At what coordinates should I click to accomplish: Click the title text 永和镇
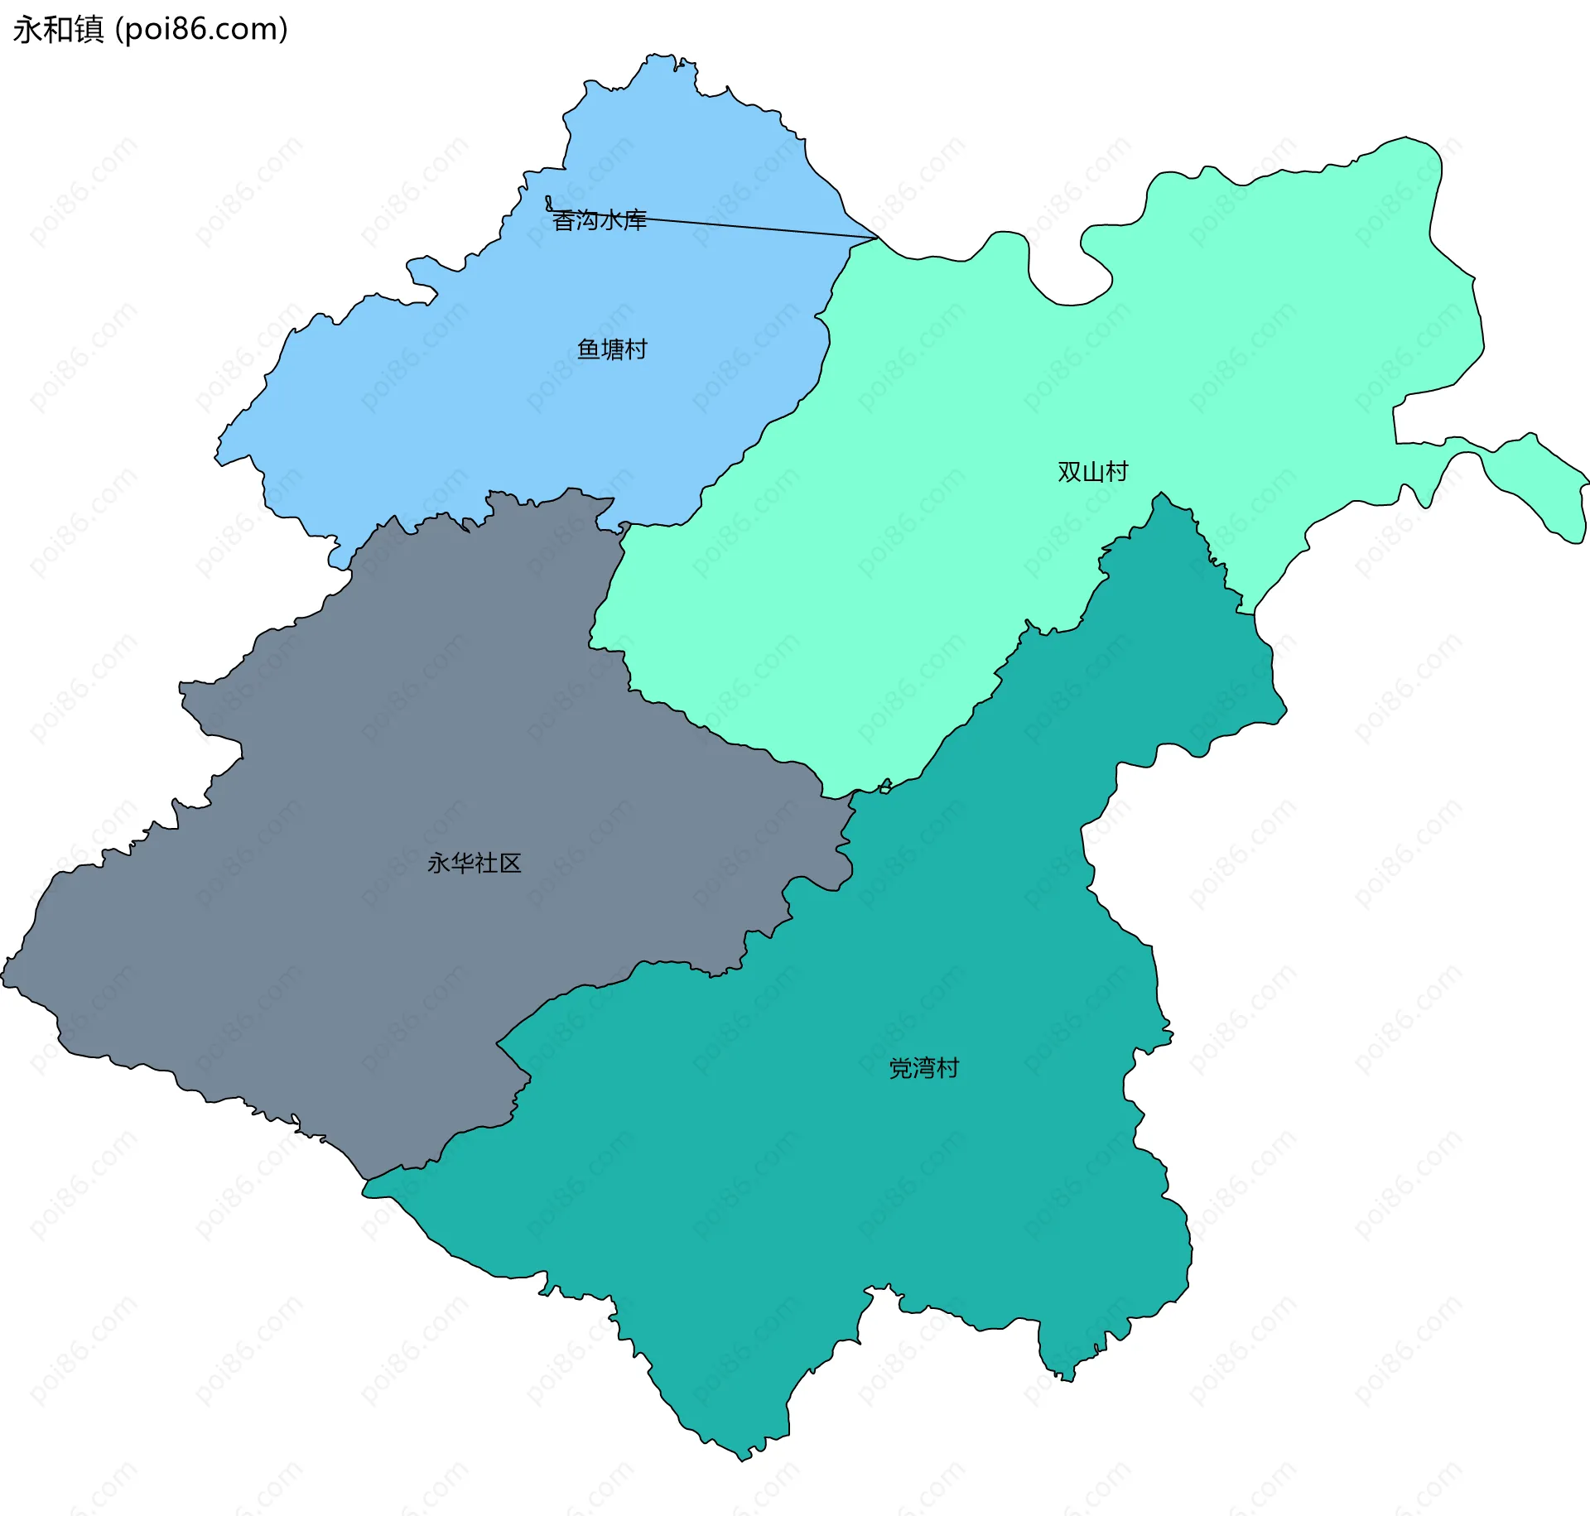(58, 30)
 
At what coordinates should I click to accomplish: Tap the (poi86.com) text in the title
(201, 30)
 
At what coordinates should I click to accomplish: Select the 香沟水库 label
(599, 220)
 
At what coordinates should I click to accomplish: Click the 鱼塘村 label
(612, 349)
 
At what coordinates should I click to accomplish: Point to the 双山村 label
(1092, 472)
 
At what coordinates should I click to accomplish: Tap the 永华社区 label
(474, 864)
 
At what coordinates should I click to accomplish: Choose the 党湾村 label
(923, 1068)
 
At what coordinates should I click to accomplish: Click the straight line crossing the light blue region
(745, 226)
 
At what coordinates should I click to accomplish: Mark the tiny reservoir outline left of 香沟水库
(548, 203)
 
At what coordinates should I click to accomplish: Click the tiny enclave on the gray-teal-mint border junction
(885, 786)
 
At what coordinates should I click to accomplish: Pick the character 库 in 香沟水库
(635, 220)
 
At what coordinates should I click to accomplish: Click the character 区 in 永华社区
(510, 864)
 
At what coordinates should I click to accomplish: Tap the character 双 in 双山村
(1069, 472)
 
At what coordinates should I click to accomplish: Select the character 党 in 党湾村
(900, 1068)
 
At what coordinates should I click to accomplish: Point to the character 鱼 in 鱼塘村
(588, 349)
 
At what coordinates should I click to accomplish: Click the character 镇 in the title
(89, 30)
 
